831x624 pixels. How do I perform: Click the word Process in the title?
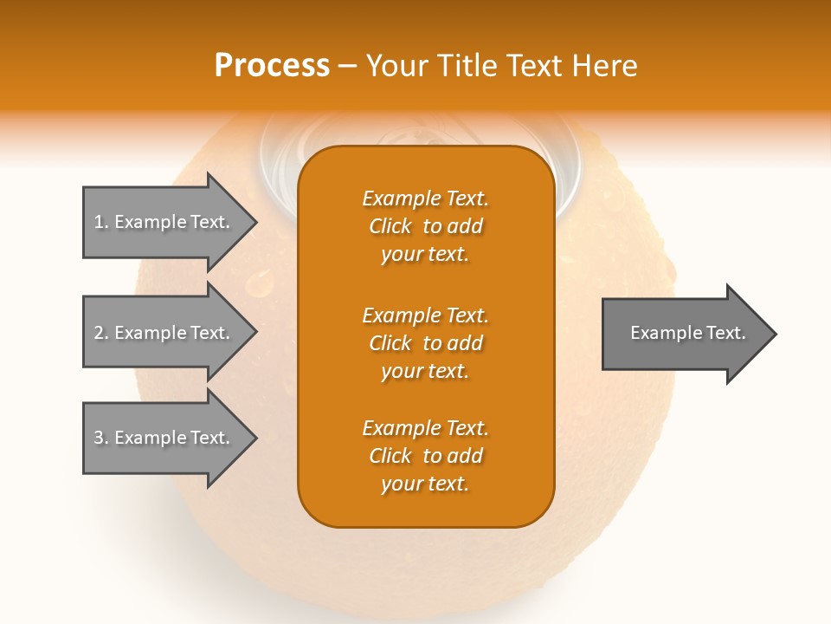click(272, 66)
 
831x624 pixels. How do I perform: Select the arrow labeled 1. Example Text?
click(164, 222)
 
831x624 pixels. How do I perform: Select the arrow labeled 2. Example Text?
click(164, 333)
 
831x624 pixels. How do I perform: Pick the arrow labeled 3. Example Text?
click(164, 438)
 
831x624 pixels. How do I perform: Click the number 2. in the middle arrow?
click(101, 333)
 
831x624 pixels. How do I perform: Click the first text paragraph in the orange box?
click(425, 226)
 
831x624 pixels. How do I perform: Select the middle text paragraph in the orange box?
click(425, 343)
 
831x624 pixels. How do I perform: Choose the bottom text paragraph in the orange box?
click(425, 456)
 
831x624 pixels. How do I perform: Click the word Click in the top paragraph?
click(390, 226)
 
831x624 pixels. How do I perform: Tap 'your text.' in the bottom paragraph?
click(425, 484)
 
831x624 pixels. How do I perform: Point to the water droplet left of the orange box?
click(260, 283)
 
